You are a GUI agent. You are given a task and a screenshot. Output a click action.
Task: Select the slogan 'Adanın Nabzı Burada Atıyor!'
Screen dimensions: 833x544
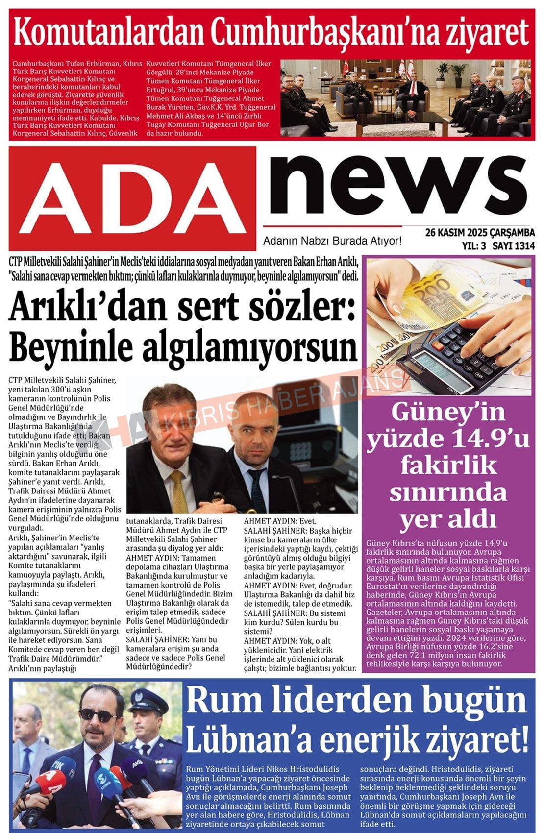(332, 241)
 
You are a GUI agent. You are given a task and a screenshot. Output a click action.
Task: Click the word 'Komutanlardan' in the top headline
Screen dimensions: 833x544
(108, 32)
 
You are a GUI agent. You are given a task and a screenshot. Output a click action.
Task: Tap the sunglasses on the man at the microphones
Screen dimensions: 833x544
(98, 715)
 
